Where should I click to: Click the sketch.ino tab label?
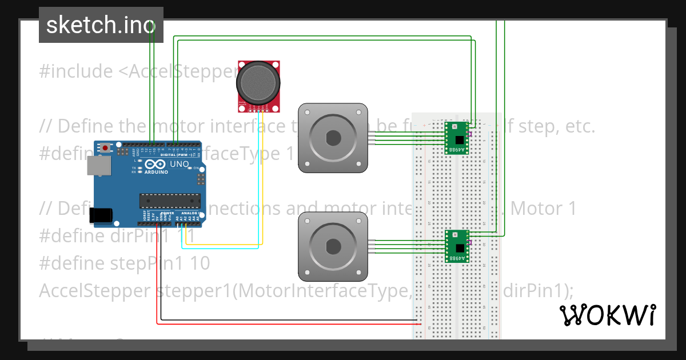click(x=101, y=25)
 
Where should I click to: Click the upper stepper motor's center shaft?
click(x=333, y=138)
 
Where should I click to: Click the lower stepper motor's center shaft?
click(x=333, y=247)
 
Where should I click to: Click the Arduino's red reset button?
click(x=105, y=147)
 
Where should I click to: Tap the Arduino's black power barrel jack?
click(x=101, y=215)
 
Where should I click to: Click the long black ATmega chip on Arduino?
click(x=170, y=201)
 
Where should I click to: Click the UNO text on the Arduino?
click(x=181, y=164)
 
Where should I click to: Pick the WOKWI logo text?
click(x=607, y=315)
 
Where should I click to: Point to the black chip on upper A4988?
click(x=459, y=139)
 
